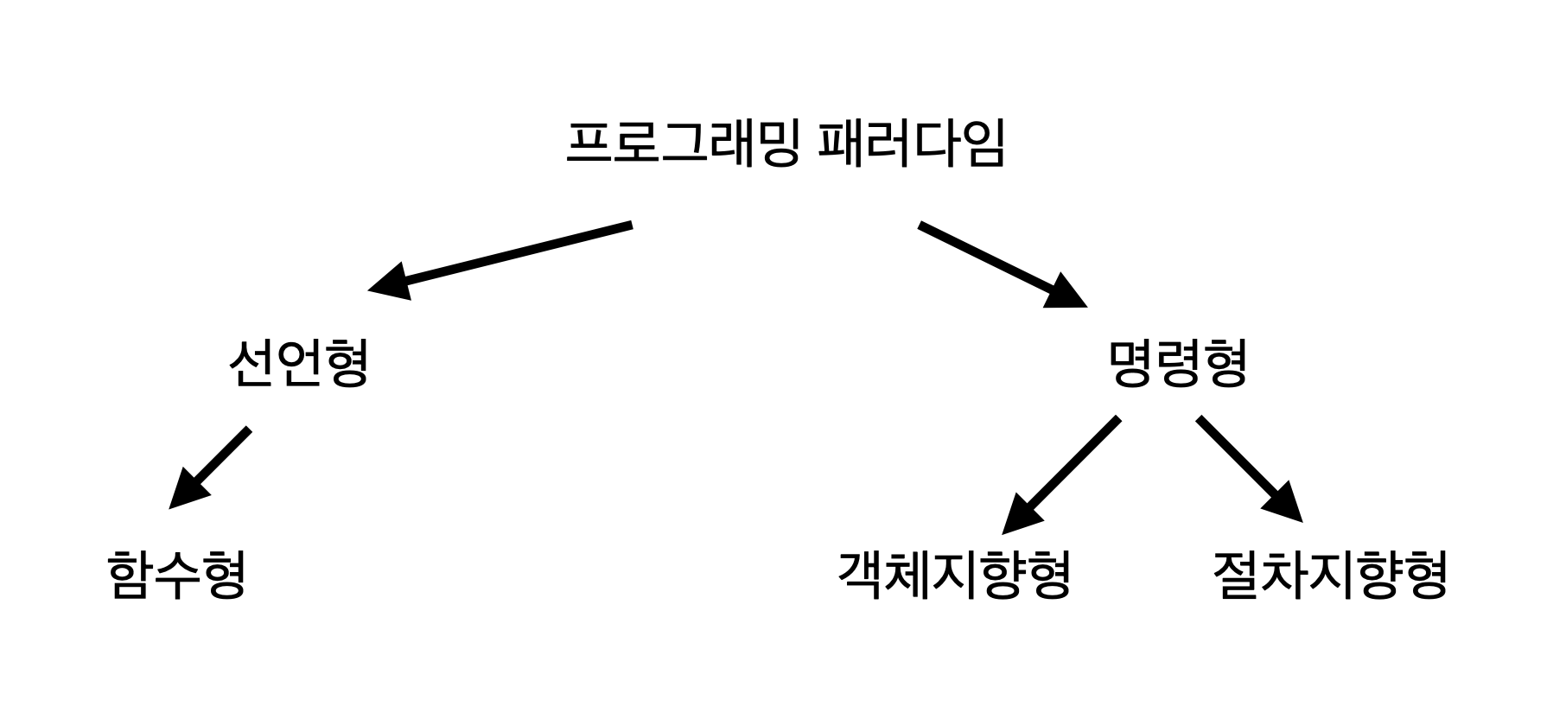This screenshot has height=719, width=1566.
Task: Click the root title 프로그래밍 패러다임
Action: pyautogui.click(x=785, y=144)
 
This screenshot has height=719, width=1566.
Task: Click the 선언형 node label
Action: pyautogui.click(x=299, y=363)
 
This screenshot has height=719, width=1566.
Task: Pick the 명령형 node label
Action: pyautogui.click(x=1178, y=363)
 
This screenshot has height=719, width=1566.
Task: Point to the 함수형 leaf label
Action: pyautogui.click(x=178, y=576)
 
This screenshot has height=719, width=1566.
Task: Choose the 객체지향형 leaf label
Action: pyautogui.click(x=955, y=576)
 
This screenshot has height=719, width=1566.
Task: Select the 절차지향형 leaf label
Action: pyautogui.click(x=1330, y=576)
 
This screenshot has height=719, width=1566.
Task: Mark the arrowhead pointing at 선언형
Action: pyautogui.click(x=389, y=283)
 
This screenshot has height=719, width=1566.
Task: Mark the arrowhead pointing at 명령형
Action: pyautogui.click(x=1067, y=295)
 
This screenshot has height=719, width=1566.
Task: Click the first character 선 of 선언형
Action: pyautogui.click(x=251, y=363)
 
